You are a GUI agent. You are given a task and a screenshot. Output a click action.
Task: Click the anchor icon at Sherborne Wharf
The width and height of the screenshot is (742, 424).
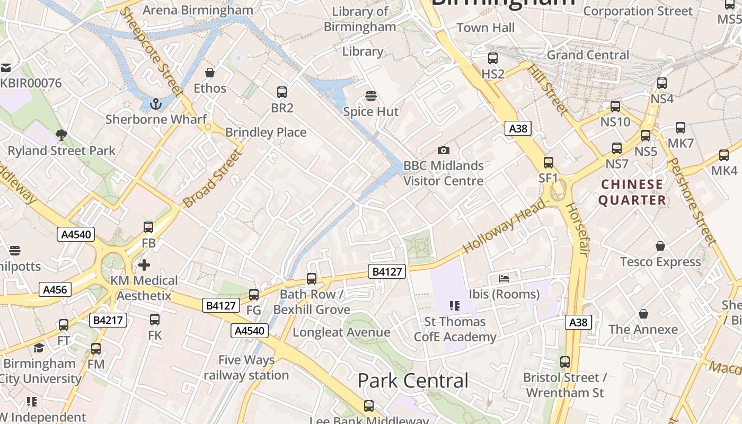(x=155, y=104)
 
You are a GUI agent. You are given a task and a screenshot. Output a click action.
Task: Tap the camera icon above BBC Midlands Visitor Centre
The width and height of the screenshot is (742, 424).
(x=443, y=151)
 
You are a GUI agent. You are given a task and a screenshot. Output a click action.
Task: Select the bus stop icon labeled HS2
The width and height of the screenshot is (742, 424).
(x=493, y=58)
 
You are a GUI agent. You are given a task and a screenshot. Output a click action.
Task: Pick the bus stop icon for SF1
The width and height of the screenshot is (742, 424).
(x=549, y=163)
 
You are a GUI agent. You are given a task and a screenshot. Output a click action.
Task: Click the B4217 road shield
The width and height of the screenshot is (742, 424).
(x=109, y=320)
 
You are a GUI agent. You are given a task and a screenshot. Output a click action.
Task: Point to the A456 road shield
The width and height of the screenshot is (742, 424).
(x=55, y=289)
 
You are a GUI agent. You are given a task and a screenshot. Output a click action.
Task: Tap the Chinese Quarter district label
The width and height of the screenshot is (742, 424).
(x=632, y=192)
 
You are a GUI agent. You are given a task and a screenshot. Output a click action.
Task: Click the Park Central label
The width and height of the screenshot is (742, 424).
(x=413, y=381)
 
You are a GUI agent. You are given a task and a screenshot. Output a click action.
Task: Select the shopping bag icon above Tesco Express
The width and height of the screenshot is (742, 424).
(x=660, y=246)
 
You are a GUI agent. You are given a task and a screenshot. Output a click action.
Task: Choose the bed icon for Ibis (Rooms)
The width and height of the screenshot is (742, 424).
(x=504, y=278)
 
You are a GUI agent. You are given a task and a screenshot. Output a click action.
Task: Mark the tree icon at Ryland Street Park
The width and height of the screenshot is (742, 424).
(x=61, y=135)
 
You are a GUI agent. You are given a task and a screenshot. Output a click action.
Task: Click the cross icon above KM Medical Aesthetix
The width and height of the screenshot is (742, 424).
(x=144, y=264)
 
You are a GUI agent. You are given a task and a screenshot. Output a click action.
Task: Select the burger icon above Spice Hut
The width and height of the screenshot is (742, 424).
(x=371, y=96)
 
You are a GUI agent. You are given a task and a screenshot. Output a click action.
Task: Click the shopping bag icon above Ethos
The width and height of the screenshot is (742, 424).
(x=210, y=73)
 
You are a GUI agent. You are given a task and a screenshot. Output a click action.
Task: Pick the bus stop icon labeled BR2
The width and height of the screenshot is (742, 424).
(x=282, y=92)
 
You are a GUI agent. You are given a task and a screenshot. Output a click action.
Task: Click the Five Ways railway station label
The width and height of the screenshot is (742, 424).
(x=246, y=367)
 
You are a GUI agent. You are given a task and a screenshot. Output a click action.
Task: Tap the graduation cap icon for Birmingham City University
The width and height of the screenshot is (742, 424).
(x=39, y=348)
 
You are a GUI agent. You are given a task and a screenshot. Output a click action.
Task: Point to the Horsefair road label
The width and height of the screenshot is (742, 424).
(x=576, y=230)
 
